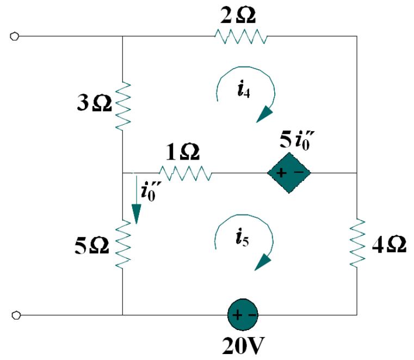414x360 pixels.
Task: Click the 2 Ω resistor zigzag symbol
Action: click(241, 37)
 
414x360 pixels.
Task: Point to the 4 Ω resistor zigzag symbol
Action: click(357, 244)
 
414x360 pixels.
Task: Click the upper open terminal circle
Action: click(15, 36)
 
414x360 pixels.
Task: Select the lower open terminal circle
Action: click(15, 315)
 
